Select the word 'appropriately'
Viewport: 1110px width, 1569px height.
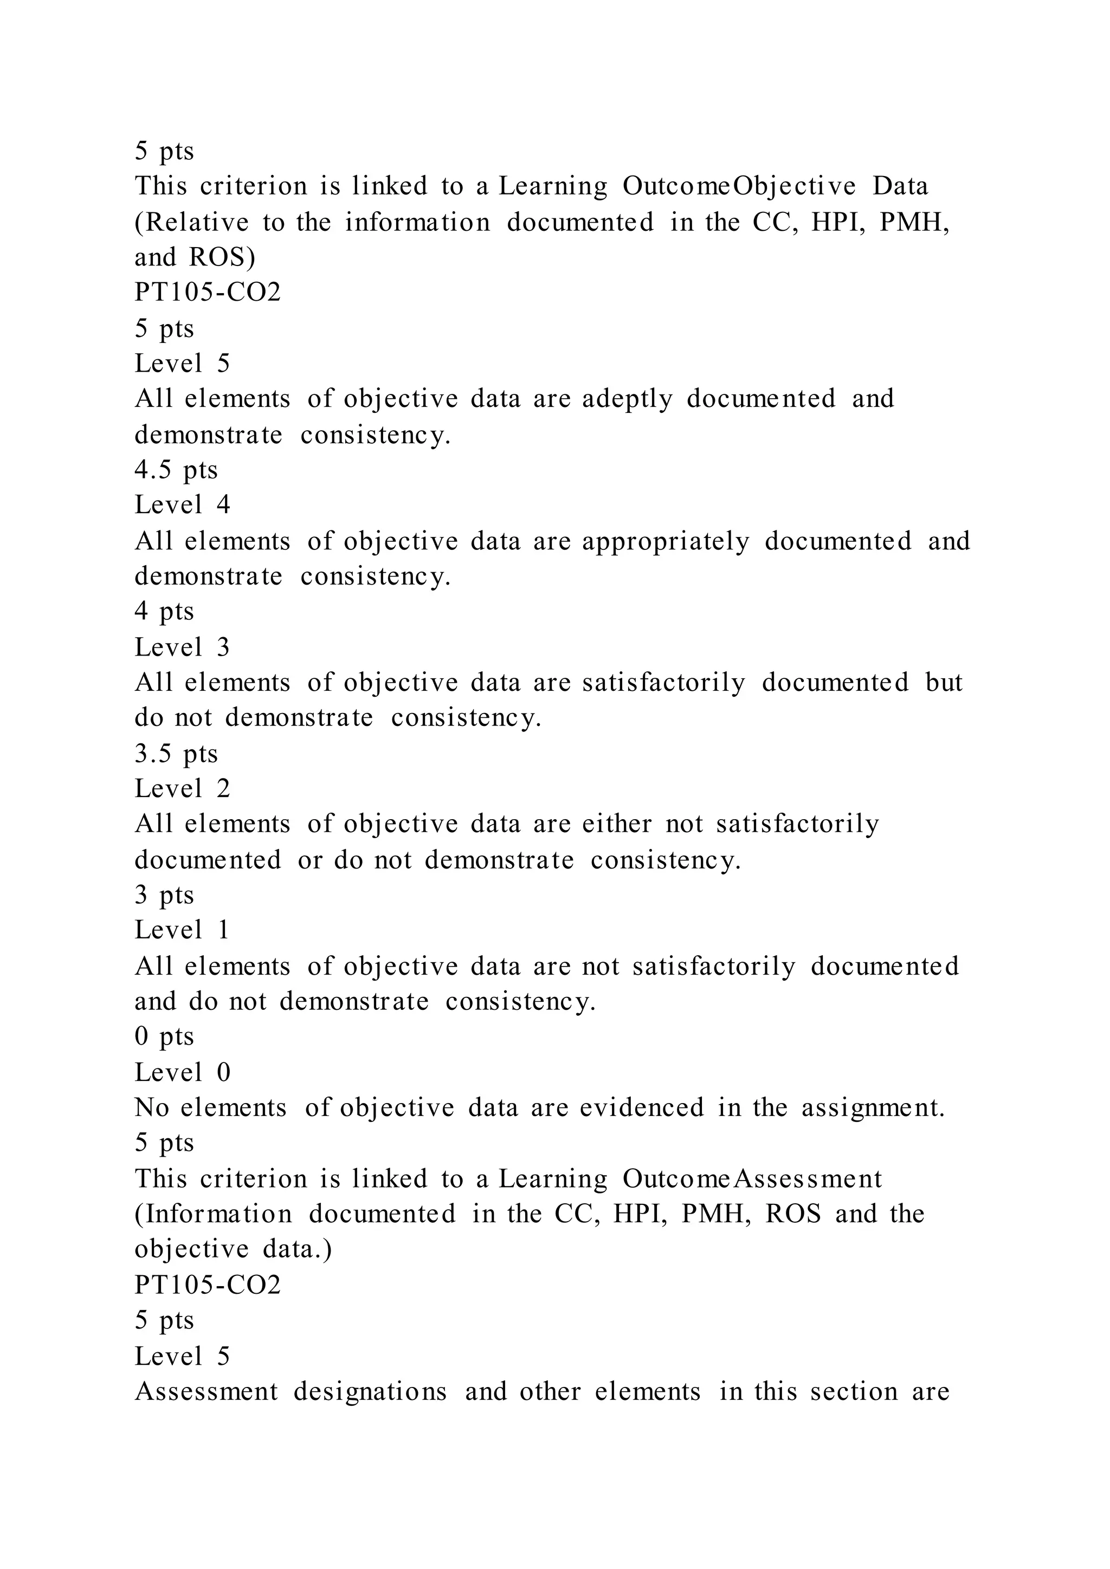[666, 542]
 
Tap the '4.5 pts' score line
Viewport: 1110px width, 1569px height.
[176, 470]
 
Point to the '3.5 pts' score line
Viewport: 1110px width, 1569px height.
[176, 754]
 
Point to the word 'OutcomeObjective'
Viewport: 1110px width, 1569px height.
[739, 186]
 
